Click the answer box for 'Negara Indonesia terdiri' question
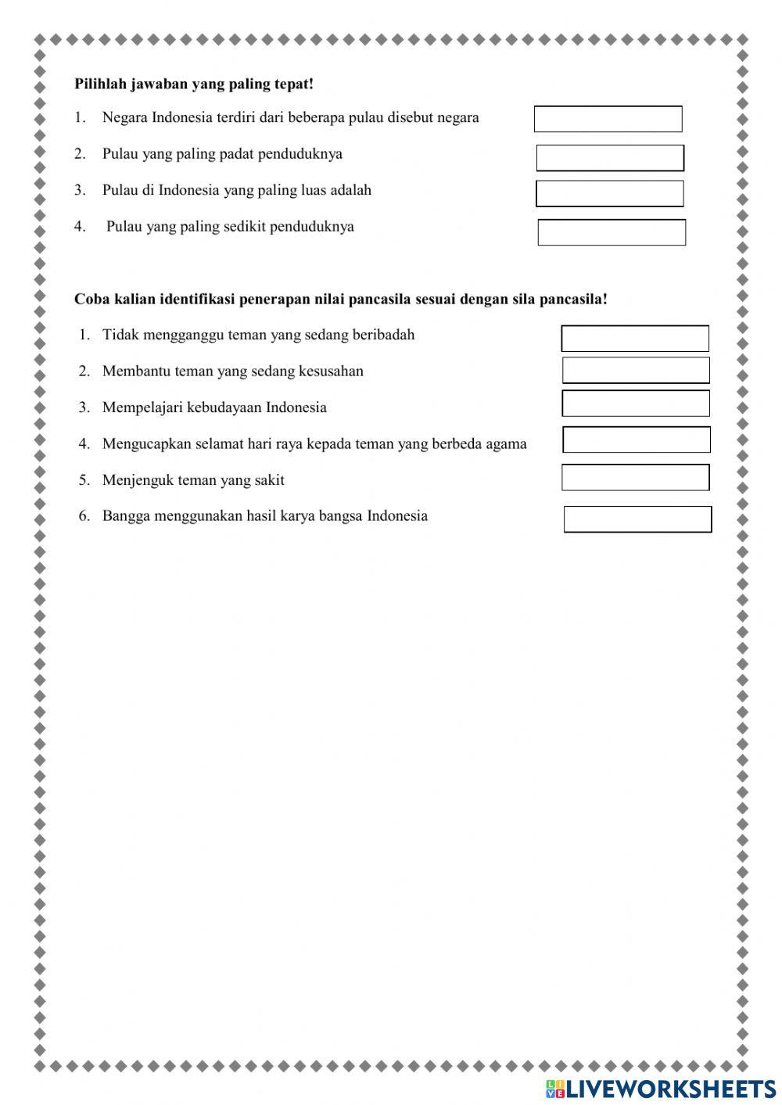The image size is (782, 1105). coord(608,119)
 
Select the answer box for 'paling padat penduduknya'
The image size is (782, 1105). coord(610,157)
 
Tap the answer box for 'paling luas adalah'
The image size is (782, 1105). coord(609,193)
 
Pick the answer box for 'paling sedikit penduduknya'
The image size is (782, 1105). coord(612,232)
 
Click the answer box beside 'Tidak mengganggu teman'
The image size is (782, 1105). coord(635,339)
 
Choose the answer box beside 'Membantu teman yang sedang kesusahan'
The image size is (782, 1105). coord(636,370)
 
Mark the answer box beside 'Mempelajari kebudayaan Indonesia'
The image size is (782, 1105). coord(636,404)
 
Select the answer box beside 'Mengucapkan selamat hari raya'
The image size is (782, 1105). coord(637,439)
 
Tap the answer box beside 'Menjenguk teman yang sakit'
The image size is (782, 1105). coord(635,477)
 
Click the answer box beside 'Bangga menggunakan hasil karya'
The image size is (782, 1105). coord(637,519)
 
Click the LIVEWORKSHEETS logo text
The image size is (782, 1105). coord(670,1089)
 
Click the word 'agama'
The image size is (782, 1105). coord(506,444)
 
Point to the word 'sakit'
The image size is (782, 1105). coord(269,480)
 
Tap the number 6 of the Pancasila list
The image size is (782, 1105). coord(83,516)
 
